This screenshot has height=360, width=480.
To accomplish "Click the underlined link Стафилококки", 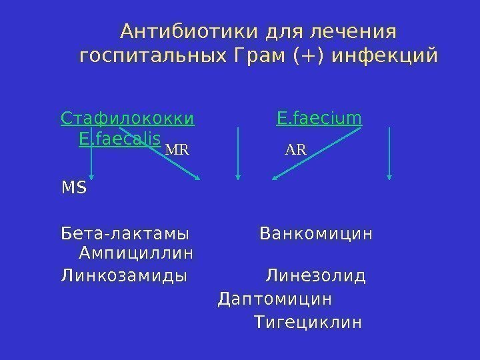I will pyautogui.click(x=127, y=119).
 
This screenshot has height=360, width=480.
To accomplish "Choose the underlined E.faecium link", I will pyautogui.click(x=319, y=119).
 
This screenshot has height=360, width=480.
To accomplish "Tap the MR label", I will pyautogui.click(x=177, y=149).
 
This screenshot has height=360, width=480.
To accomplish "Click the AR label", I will pyautogui.click(x=295, y=149).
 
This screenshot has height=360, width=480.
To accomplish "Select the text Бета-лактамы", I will pyautogui.click(x=125, y=235).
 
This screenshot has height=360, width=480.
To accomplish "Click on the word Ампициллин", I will pyautogui.click(x=136, y=253).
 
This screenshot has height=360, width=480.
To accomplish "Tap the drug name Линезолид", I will pyautogui.click(x=316, y=275).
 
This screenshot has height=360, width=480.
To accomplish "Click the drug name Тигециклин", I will pyautogui.click(x=308, y=324).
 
